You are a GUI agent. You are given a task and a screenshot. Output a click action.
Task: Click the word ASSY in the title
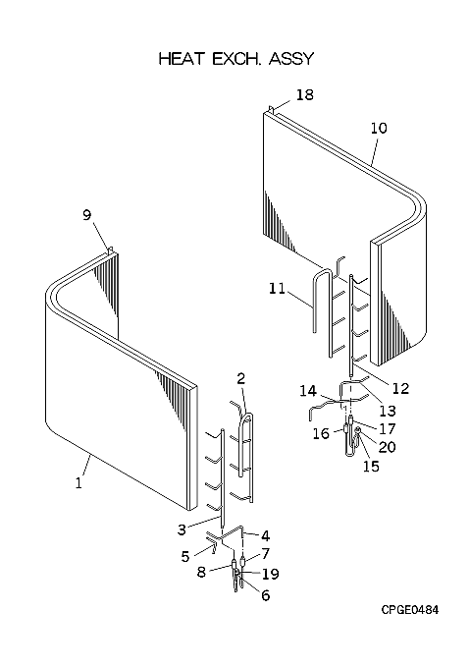tap(290, 59)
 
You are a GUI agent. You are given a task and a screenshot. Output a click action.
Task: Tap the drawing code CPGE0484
tap(409, 610)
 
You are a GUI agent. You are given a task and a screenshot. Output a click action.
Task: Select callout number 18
tap(304, 94)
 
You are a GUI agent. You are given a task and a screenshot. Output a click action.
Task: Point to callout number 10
tap(379, 128)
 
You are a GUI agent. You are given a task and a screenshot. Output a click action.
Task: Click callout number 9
tap(86, 215)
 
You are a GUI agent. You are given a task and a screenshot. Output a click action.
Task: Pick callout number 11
tap(277, 289)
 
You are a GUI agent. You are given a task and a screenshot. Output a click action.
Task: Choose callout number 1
tap(78, 483)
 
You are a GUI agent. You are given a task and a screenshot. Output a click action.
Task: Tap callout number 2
tap(241, 378)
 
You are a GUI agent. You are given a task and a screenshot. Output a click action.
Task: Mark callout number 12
tap(400, 388)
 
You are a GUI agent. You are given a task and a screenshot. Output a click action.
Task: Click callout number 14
tap(308, 391)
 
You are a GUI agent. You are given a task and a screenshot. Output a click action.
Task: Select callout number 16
tap(321, 433)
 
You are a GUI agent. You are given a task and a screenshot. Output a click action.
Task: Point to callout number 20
tap(387, 447)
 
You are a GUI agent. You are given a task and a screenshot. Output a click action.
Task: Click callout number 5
tap(185, 556)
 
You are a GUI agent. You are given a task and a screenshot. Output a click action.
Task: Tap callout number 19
tap(271, 574)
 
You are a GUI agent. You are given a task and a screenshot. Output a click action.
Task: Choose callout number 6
tap(265, 595)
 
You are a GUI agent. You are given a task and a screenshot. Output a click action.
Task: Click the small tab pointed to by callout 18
tap(272, 110)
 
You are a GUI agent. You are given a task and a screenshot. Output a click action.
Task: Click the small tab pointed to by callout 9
tap(110, 250)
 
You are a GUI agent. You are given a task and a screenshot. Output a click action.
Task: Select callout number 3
tap(183, 529)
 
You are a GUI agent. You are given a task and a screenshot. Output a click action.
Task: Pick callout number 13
tap(388, 411)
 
